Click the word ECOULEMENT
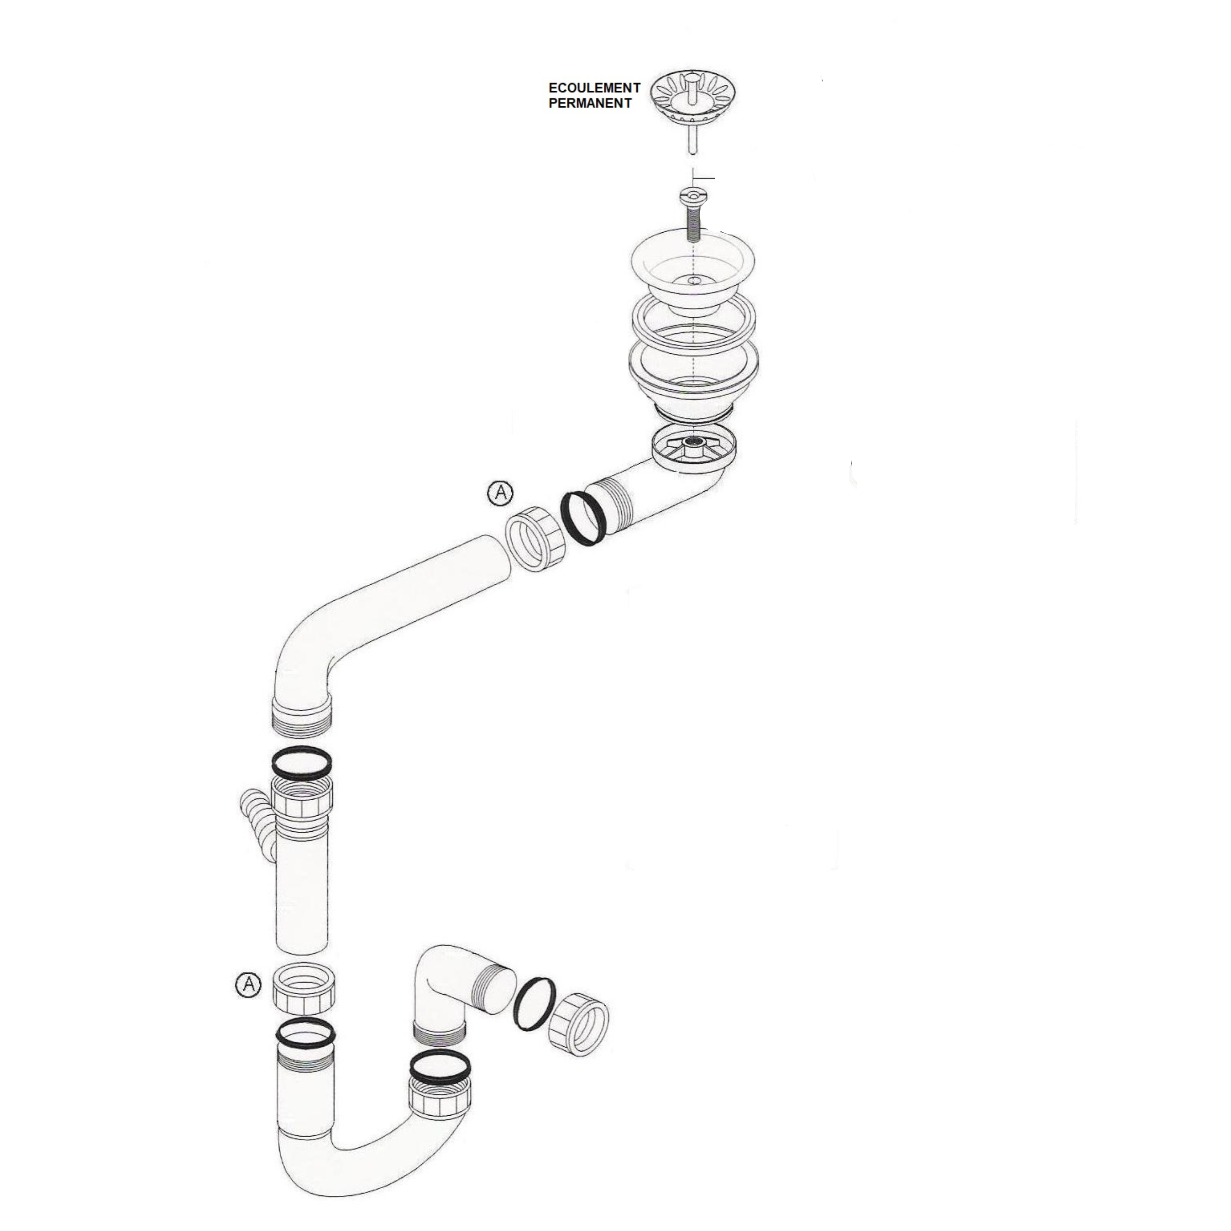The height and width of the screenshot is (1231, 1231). (595, 88)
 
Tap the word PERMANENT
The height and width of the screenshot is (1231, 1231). (590, 103)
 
